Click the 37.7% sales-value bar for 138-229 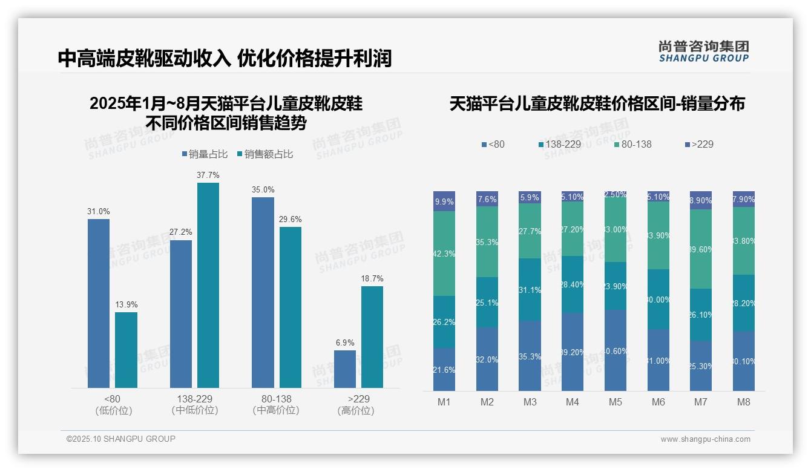coord(208,285)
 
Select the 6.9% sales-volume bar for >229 coord(345,369)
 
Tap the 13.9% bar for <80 coord(126,350)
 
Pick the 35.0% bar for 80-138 coord(263,292)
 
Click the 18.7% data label coord(372,279)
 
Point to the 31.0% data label coord(99,212)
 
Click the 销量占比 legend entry coord(205,154)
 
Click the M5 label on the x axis coord(616,402)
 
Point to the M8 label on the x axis coord(744,402)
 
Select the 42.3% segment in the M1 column coord(444,254)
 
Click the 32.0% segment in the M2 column coord(487,359)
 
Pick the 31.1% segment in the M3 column coord(530,289)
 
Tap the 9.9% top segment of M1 coord(444,202)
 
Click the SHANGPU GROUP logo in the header coord(703,51)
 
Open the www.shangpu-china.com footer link coord(705,439)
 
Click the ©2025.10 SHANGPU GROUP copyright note coord(121,439)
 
